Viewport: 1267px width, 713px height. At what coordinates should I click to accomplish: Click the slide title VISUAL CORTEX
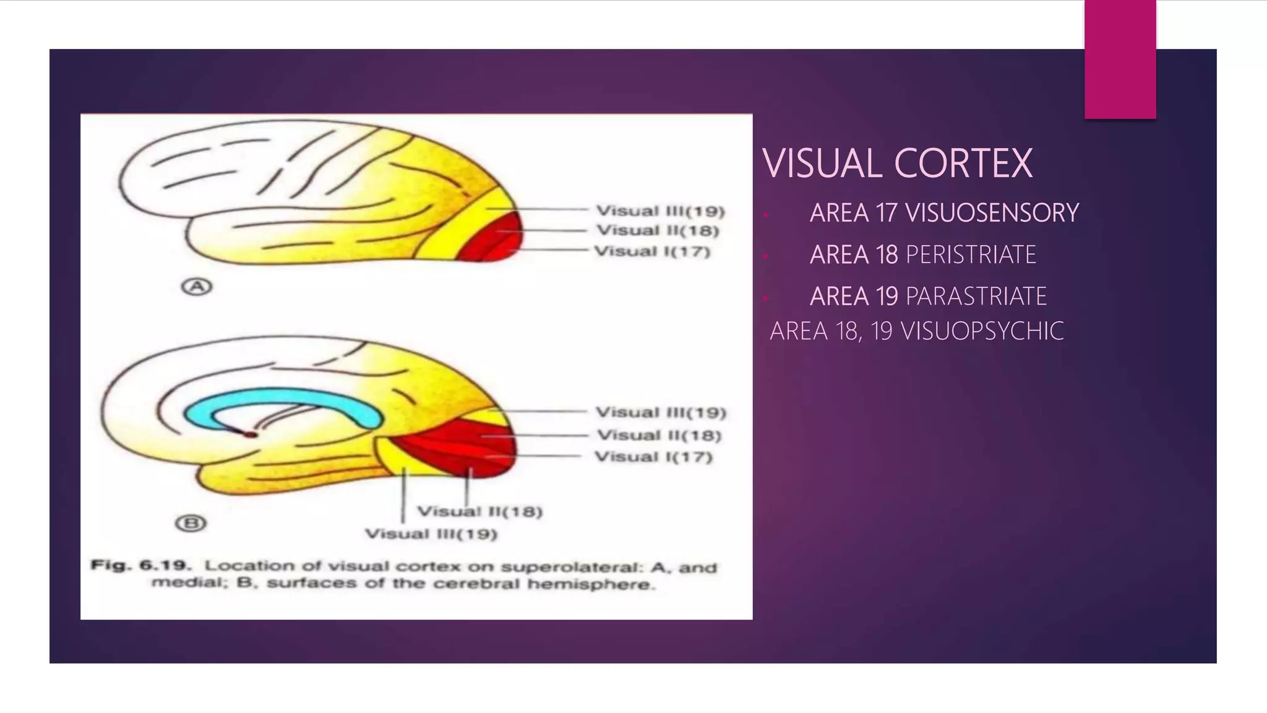point(897,163)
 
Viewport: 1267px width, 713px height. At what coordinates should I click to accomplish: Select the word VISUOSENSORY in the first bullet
point(992,213)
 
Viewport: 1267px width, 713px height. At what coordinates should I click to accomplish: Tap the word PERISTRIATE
point(971,255)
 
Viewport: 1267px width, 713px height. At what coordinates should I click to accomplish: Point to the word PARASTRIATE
point(976,296)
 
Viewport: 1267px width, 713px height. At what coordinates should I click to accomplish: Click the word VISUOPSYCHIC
point(982,331)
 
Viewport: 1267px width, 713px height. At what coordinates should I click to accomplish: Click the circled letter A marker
point(196,287)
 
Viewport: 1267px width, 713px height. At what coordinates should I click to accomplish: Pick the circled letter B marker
point(191,524)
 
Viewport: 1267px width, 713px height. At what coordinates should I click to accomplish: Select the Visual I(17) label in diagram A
point(652,251)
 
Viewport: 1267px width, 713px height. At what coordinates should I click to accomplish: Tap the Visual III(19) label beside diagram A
point(659,211)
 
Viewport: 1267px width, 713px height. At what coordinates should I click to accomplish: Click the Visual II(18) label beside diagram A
point(657,231)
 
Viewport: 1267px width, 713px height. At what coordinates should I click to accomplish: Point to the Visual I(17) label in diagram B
point(653,457)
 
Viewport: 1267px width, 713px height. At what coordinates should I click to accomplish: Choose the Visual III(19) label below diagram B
point(431,534)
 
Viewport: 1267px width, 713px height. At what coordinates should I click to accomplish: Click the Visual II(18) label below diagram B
point(479,512)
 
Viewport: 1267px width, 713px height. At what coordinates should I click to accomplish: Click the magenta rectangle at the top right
point(1120,59)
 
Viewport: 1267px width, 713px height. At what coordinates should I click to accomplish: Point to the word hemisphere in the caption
point(591,584)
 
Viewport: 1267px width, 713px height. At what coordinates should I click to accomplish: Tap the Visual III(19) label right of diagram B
point(660,413)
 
